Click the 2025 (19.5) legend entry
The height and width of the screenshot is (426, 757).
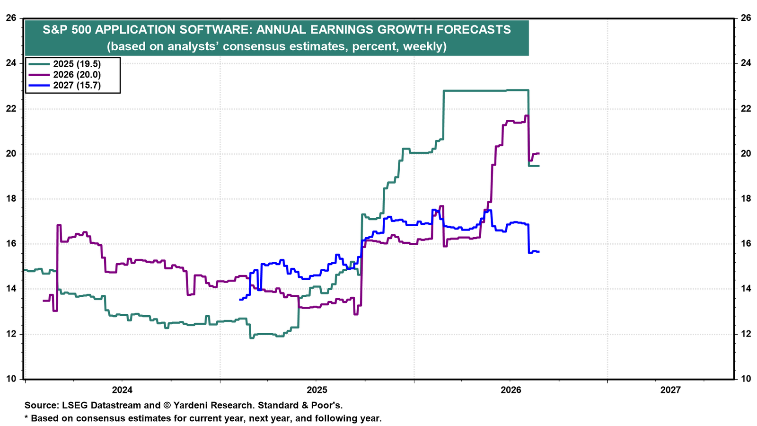click(x=65, y=64)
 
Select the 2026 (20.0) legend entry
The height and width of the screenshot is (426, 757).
click(x=65, y=74)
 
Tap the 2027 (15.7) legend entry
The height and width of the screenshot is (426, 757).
click(x=65, y=85)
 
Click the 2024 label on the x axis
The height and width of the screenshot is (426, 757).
click(x=123, y=390)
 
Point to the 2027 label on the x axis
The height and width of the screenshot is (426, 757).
click(x=670, y=390)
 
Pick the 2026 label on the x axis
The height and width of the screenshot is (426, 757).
click(x=511, y=390)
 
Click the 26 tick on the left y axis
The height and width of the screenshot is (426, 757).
click(x=11, y=18)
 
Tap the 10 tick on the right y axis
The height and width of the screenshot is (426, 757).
click(x=746, y=379)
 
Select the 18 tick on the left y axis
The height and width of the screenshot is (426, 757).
click(x=11, y=198)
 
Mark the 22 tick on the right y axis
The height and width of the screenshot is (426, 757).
click(x=746, y=108)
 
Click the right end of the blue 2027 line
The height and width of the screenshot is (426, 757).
click(x=539, y=251)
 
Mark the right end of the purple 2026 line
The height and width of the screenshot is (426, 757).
click(x=539, y=153)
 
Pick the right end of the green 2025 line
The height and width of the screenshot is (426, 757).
click(x=539, y=166)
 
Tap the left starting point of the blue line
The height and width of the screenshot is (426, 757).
click(x=239, y=300)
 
